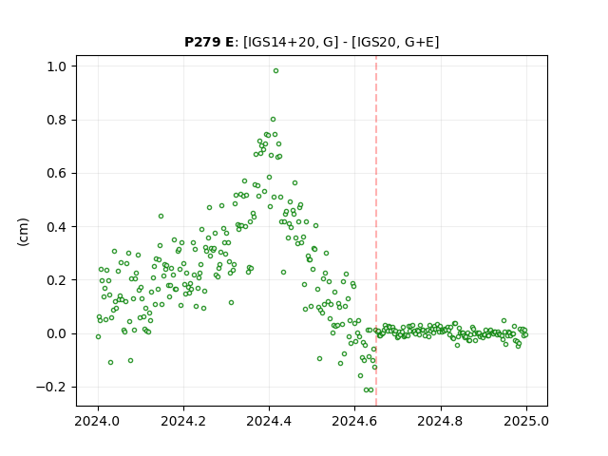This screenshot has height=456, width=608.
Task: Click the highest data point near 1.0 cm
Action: pos(275,71)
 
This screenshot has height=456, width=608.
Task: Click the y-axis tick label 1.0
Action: pos(57,66)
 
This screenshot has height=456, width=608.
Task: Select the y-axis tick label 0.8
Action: pos(57,121)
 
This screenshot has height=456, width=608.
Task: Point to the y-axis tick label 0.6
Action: pos(57,173)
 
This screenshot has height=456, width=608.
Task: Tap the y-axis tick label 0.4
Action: pos(57,227)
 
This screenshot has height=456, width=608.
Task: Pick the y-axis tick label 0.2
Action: pos(57,280)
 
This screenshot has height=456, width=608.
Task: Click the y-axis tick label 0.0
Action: pos(57,333)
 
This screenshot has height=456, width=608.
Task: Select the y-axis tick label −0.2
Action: pos(51,387)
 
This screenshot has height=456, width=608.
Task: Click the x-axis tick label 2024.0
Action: pos(98,421)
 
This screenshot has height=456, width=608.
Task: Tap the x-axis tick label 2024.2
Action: pos(183,421)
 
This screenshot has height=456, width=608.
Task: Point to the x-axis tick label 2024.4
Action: pos(269,421)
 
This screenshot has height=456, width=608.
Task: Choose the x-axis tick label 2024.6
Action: pos(354,421)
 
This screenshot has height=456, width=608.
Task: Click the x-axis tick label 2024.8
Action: pos(441,421)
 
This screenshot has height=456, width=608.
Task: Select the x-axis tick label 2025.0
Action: pos(526,421)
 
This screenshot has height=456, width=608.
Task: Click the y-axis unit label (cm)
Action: pos(23,232)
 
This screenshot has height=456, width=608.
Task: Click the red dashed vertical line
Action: pos(376,231)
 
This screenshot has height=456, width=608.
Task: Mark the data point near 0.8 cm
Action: pos(273,120)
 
